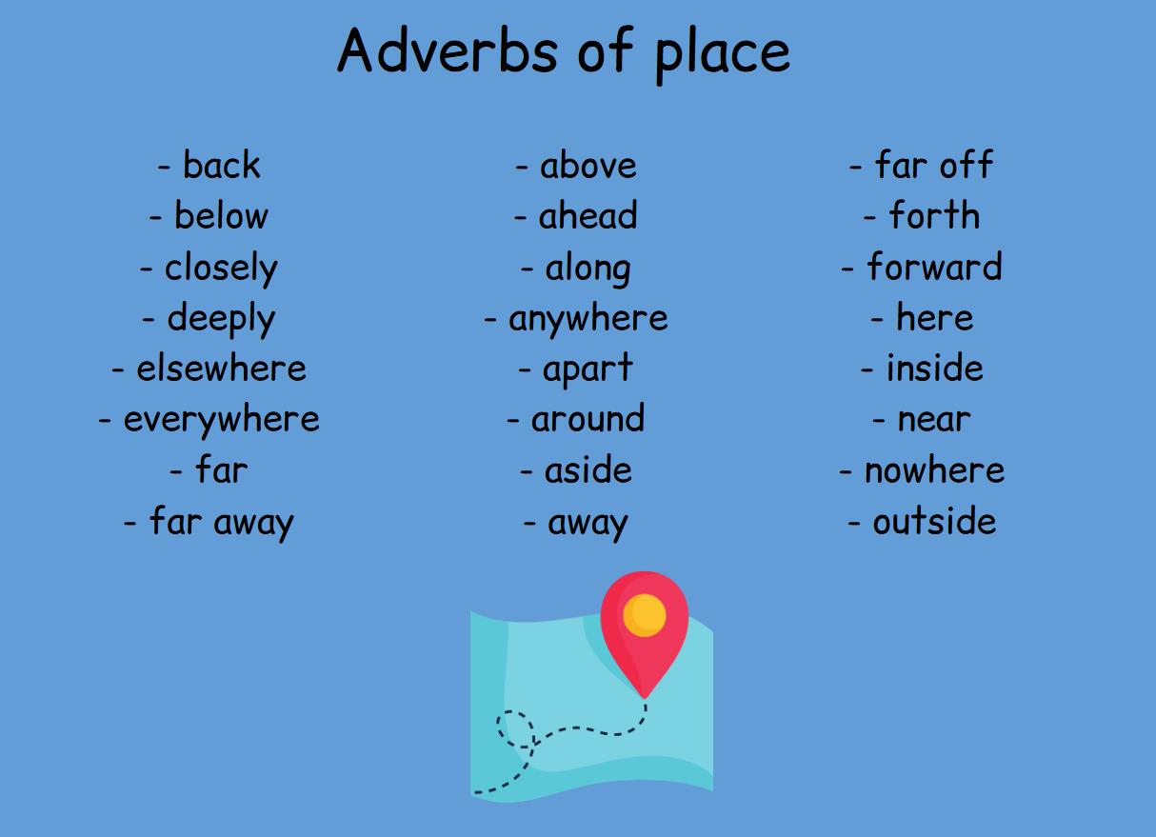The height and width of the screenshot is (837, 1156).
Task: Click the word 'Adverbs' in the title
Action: pyautogui.click(x=447, y=50)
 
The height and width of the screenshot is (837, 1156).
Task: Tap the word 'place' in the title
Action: pyautogui.click(x=722, y=52)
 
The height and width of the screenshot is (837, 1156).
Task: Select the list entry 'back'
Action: pyautogui.click(x=221, y=166)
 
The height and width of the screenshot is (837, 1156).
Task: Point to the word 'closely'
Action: pyautogui.click(x=221, y=269)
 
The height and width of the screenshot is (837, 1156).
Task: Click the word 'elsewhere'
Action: pyautogui.click(x=221, y=369)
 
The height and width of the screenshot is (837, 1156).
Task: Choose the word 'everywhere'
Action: pyautogui.click(x=221, y=420)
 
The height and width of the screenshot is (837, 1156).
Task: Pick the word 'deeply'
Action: pyautogui.click(x=221, y=319)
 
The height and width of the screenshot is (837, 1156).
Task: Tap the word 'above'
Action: pyautogui.click(x=588, y=166)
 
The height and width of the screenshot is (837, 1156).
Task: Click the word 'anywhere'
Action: pyautogui.click(x=588, y=319)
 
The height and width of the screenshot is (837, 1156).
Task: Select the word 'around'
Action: pyautogui.click(x=588, y=420)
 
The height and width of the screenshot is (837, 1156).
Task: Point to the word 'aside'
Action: pyautogui.click(x=588, y=470)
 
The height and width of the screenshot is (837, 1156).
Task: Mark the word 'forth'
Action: pyautogui.click(x=933, y=216)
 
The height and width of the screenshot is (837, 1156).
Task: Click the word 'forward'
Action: pyautogui.click(x=933, y=268)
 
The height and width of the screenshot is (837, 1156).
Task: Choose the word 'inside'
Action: pyautogui.click(x=934, y=369)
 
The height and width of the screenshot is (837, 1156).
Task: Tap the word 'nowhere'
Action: pyautogui.click(x=933, y=470)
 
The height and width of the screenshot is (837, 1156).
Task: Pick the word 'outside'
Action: pyautogui.click(x=934, y=522)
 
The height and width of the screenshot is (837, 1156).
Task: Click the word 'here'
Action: pyautogui.click(x=934, y=318)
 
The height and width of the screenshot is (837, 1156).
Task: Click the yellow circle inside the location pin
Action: pyautogui.click(x=645, y=615)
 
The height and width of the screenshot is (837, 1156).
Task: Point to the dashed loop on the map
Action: pyautogui.click(x=515, y=729)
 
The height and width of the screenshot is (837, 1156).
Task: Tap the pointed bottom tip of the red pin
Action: pyautogui.click(x=645, y=697)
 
